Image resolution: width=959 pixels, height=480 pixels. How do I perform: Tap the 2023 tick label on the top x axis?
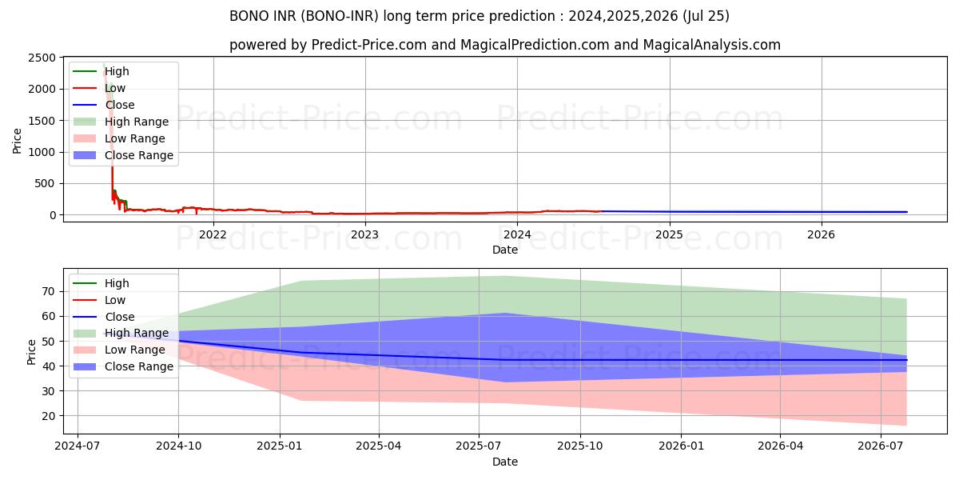[365, 234]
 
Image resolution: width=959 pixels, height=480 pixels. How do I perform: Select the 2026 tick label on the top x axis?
[821, 234]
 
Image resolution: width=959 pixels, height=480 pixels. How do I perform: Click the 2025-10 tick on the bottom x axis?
[580, 446]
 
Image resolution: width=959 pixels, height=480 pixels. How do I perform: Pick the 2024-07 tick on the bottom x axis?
[78, 446]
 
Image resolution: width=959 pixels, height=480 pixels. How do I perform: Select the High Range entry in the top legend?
[137, 122]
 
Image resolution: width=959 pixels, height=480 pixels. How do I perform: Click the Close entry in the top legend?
[120, 105]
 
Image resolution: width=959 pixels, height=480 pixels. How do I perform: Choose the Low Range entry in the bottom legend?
[135, 350]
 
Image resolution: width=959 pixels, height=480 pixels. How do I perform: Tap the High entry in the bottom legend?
[117, 283]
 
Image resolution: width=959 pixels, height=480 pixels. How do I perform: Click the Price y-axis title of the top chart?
[18, 140]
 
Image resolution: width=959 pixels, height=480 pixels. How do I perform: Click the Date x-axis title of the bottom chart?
[505, 462]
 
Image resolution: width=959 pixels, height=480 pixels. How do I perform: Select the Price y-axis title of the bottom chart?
[31, 351]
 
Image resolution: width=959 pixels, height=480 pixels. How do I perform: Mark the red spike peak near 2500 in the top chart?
[104, 64]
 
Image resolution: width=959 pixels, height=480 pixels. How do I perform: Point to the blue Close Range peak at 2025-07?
[504, 313]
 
